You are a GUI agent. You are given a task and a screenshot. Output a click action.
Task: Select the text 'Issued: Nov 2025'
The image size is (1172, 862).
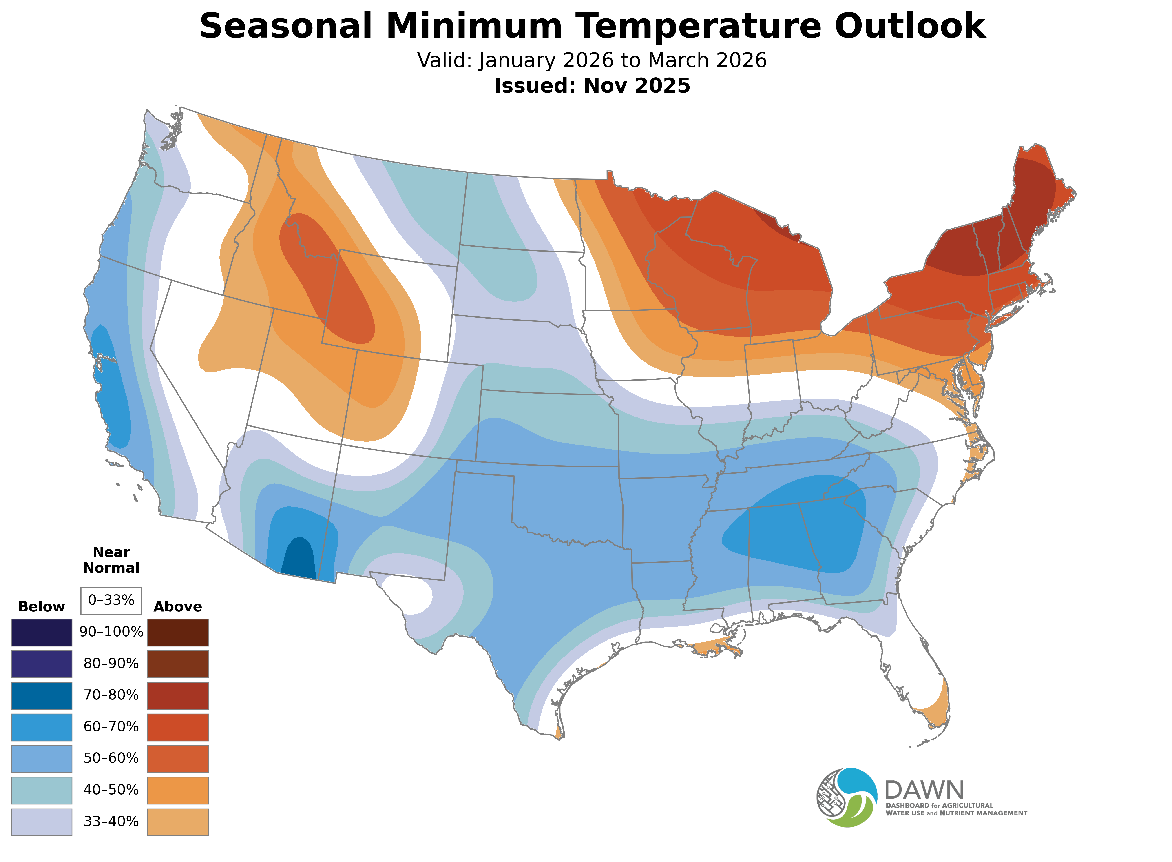592,86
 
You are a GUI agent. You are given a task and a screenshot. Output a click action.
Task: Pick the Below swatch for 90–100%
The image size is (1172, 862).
42,633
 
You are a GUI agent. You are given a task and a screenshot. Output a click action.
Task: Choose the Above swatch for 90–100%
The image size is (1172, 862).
178,633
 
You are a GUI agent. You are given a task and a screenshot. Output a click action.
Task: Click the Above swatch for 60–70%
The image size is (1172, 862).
178,727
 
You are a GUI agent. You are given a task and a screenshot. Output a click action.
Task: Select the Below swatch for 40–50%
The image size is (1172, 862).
42,790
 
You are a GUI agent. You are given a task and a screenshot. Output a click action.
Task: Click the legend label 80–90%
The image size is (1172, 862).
111,664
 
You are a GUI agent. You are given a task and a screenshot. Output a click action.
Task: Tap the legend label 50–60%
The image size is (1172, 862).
111,758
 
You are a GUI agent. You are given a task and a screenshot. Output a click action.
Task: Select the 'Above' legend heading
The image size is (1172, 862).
178,607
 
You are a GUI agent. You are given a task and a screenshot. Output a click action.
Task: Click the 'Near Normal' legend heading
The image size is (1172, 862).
111,560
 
